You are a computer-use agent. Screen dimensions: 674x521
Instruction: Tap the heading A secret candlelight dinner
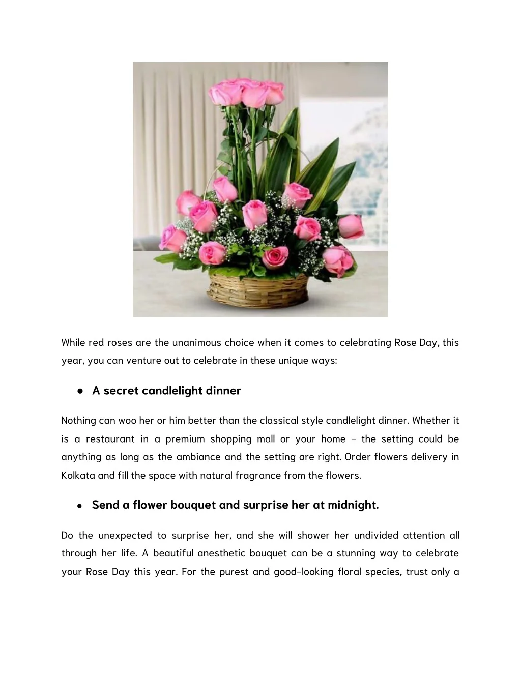(166, 390)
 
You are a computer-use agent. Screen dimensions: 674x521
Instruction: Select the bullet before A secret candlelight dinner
(80, 391)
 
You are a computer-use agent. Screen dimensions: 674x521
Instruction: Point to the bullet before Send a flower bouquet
(80, 506)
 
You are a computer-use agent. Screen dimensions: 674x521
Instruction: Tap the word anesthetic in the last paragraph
(221, 553)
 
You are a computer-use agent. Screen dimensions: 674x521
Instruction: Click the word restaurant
(110, 438)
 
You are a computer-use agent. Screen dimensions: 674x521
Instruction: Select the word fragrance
(257, 475)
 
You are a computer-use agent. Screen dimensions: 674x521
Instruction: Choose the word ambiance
(198, 456)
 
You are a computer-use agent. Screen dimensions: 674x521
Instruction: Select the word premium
(184, 438)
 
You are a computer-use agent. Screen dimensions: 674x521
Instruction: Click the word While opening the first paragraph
(73, 342)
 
